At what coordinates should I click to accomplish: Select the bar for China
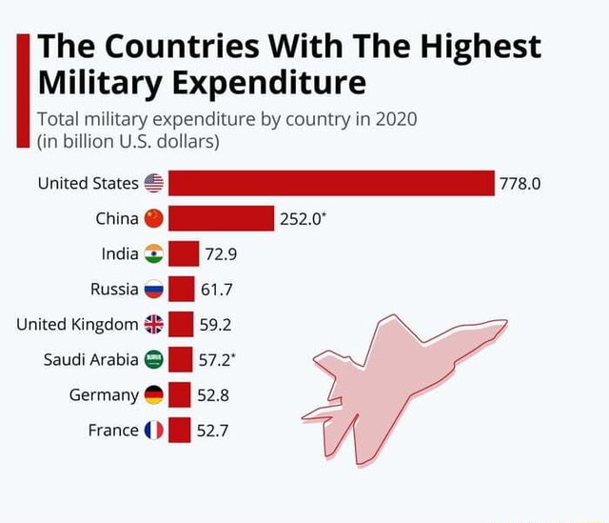[221, 218]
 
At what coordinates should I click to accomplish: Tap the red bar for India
[184, 253]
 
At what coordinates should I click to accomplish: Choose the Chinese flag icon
[153, 219]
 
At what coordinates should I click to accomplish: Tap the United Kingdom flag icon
[153, 324]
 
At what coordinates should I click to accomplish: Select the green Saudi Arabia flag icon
[153, 359]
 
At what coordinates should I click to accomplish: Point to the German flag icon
[153, 394]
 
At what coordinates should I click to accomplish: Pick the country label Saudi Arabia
[91, 359]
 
